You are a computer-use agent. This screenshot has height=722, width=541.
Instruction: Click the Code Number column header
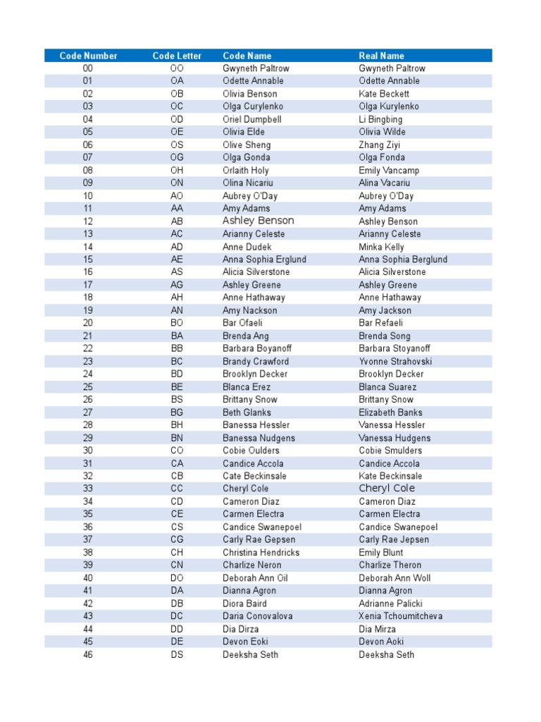tap(88, 56)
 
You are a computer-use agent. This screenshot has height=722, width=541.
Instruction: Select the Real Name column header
tap(381, 56)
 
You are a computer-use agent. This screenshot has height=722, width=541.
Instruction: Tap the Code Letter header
tap(177, 56)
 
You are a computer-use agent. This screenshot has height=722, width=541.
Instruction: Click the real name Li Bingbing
tap(380, 119)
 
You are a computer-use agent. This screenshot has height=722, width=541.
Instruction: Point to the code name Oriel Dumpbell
tap(251, 119)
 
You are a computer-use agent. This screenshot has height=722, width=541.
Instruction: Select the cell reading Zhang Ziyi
tap(380, 145)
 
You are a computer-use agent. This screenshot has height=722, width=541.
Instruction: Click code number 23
tap(88, 361)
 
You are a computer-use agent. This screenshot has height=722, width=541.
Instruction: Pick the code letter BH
tap(177, 425)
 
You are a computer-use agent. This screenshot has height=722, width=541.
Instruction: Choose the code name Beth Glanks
tap(247, 412)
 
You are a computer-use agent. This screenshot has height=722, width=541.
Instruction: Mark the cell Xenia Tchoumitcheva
tap(401, 616)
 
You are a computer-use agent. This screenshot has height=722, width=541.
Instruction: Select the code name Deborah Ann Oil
tap(255, 578)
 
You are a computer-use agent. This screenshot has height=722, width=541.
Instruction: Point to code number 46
tap(88, 654)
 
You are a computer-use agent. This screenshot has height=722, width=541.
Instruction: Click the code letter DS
tap(177, 654)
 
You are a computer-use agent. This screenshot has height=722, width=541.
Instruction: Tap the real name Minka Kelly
tap(381, 247)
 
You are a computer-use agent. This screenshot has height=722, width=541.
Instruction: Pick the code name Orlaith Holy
tap(245, 170)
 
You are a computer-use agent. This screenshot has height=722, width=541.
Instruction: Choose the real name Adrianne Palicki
tap(390, 604)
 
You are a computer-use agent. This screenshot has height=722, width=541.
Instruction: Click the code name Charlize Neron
tap(251, 565)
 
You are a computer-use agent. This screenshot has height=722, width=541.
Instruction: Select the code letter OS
tap(177, 145)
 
